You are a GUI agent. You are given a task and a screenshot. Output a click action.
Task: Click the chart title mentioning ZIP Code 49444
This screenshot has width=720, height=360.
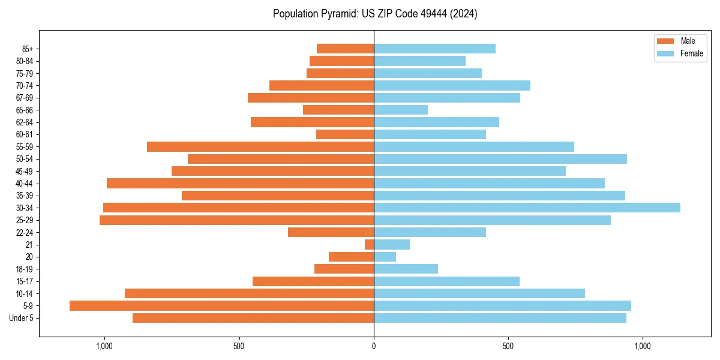[374, 14]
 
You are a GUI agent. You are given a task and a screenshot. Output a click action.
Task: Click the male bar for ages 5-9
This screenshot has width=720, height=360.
[221, 305]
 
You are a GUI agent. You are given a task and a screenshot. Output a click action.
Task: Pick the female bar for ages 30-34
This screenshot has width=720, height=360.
[527, 208]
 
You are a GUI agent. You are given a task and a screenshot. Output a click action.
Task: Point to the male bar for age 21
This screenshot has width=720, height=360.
[369, 244]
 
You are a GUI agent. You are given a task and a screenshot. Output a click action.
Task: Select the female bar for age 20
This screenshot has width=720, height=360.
[385, 257]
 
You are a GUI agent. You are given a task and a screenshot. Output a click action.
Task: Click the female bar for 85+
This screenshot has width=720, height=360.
[434, 49]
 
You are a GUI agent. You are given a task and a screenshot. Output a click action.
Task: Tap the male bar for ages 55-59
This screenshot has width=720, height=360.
[260, 146]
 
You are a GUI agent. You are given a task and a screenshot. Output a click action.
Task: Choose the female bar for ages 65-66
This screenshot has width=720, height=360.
[401, 110]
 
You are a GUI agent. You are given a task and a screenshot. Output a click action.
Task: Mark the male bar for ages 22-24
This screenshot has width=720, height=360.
[331, 232]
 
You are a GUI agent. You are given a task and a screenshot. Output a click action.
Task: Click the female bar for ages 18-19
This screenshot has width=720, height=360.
[406, 269]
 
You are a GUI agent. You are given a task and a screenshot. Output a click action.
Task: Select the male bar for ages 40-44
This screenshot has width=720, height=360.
[240, 183]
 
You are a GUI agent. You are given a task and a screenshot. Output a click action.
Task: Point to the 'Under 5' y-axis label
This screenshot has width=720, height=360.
[22, 318]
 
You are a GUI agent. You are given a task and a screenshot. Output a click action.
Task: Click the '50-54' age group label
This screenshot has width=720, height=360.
[25, 159]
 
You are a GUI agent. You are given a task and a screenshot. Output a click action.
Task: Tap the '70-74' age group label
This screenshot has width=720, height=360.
[25, 85]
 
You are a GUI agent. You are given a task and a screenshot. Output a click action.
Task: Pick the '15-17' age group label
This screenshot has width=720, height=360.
[25, 281]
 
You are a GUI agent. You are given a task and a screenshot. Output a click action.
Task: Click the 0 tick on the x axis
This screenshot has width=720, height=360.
[374, 346]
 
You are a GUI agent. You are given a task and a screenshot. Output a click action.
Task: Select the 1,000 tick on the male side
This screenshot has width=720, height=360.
[104, 346]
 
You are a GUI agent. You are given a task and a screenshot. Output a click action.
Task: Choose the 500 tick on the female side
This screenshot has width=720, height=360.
[508, 346]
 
